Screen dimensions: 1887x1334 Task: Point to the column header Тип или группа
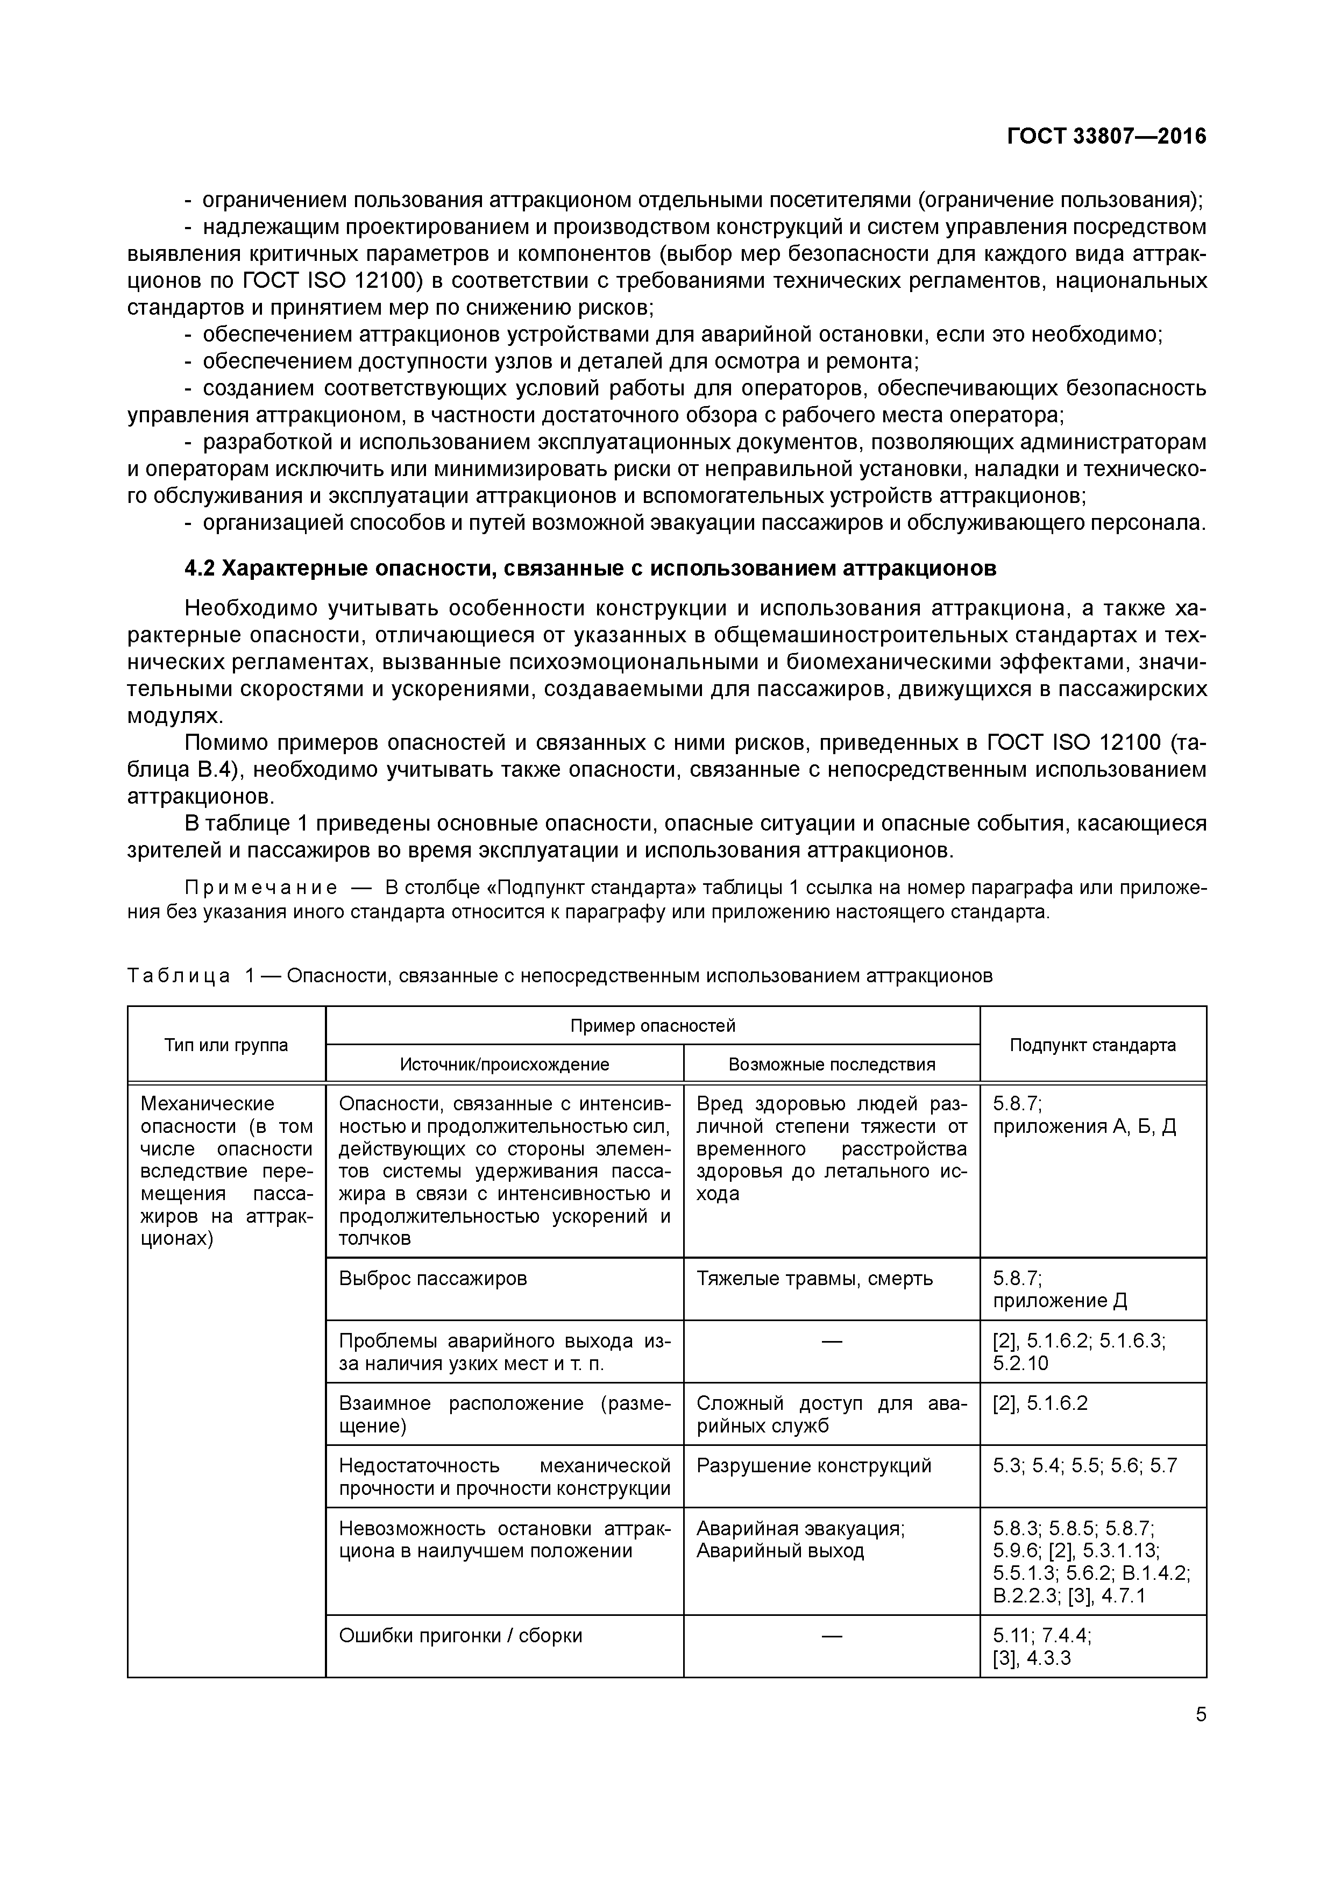pyautogui.click(x=226, y=1045)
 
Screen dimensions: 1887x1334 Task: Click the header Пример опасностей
pyautogui.click(x=652, y=1025)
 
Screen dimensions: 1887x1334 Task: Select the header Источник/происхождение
pyautogui.click(x=505, y=1065)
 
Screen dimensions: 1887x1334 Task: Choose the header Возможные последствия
pyautogui.click(x=832, y=1065)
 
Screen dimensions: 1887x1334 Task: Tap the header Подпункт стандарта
pyautogui.click(x=1092, y=1045)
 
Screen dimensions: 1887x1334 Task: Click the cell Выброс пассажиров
pyautogui.click(x=433, y=1278)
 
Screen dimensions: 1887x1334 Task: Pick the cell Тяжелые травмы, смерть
pyautogui.click(x=814, y=1278)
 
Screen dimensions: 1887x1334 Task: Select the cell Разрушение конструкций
pyautogui.click(x=814, y=1465)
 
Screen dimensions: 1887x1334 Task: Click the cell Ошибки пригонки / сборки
pyautogui.click(x=460, y=1635)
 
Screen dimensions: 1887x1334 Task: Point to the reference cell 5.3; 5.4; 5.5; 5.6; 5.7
pyautogui.click(x=1085, y=1465)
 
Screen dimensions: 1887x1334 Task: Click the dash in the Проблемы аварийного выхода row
pyautogui.click(x=832, y=1341)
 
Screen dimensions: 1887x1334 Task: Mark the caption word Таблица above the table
pyautogui.click(x=179, y=976)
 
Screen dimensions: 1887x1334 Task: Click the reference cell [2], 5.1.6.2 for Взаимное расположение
pyautogui.click(x=1040, y=1403)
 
